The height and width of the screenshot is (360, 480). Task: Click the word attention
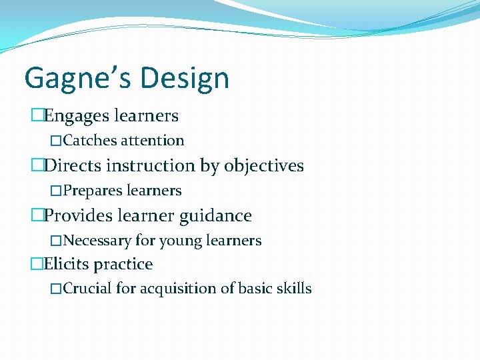coord(152,141)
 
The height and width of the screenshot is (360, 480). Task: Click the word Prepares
coord(93,191)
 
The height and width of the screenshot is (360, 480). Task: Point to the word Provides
coord(79,215)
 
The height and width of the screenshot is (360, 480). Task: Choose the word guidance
coord(219,215)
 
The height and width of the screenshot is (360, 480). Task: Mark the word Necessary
coord(97,240)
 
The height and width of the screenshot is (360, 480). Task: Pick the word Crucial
coord(88,289)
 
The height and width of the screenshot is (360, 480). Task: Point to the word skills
coord(294,289)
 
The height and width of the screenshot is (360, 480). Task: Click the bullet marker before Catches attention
coord(56,141)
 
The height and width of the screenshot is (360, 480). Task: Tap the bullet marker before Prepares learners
coord(56,191)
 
